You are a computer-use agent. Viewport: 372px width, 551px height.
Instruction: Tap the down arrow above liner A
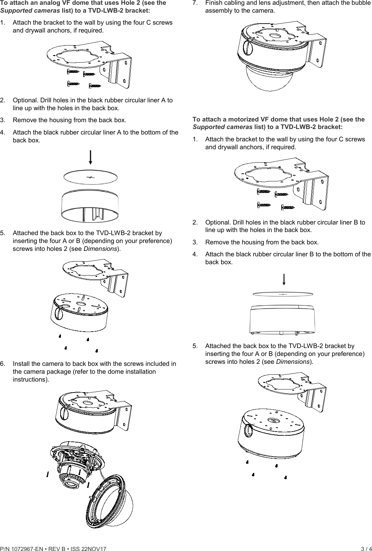(90, 157)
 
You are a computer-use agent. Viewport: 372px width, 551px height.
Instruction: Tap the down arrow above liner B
(284, 279)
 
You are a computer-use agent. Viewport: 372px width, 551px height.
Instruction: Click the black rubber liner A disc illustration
(90, 178)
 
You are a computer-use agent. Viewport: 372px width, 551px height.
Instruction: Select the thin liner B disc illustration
(283, 294)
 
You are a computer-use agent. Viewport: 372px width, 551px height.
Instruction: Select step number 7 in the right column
(195, 3)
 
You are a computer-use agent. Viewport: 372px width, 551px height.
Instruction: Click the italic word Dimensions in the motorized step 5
(293, 362)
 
